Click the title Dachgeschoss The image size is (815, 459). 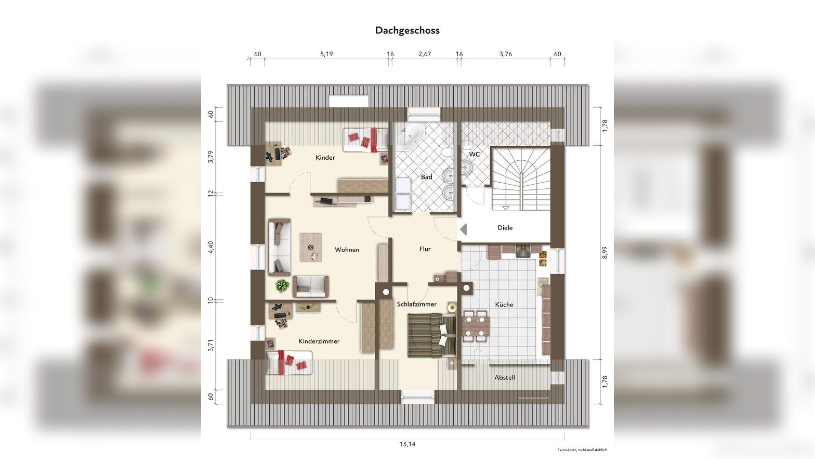click(x=407, y=30)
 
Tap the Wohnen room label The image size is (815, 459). click(x=347, y=250)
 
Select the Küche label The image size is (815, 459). click(x=504, y=304)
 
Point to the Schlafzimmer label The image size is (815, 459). click(x=416, y=304)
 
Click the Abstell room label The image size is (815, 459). click(x=504, y=377)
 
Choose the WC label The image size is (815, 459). click(x=474, y=154)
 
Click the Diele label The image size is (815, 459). click(x=505, y=228)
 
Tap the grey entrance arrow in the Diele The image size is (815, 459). click(x=463, y=229)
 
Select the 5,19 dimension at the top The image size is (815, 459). click(x=326, y=54)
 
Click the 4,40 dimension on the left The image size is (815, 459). click(x=210, y=247)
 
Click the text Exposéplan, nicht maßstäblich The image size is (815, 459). click(x=582, y=450)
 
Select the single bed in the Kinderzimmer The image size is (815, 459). click(x=288, y=362)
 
